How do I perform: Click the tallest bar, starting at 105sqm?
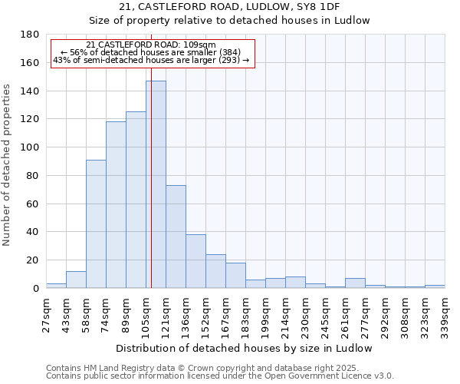(x=156, y=184)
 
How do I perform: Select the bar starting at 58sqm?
(x=96, y=223)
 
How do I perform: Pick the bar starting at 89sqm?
(x=136, y=200)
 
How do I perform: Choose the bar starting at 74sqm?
(x=116, y=204)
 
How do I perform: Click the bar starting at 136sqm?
(x=195, y=261)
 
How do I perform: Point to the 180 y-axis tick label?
(x=31, y=35)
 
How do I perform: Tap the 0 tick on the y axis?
(x=35, y=288)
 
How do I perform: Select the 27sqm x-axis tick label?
(x=46, y=313)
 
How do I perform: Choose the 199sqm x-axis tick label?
(x=265, y=313)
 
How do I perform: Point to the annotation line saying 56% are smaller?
(x=151, y=52)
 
